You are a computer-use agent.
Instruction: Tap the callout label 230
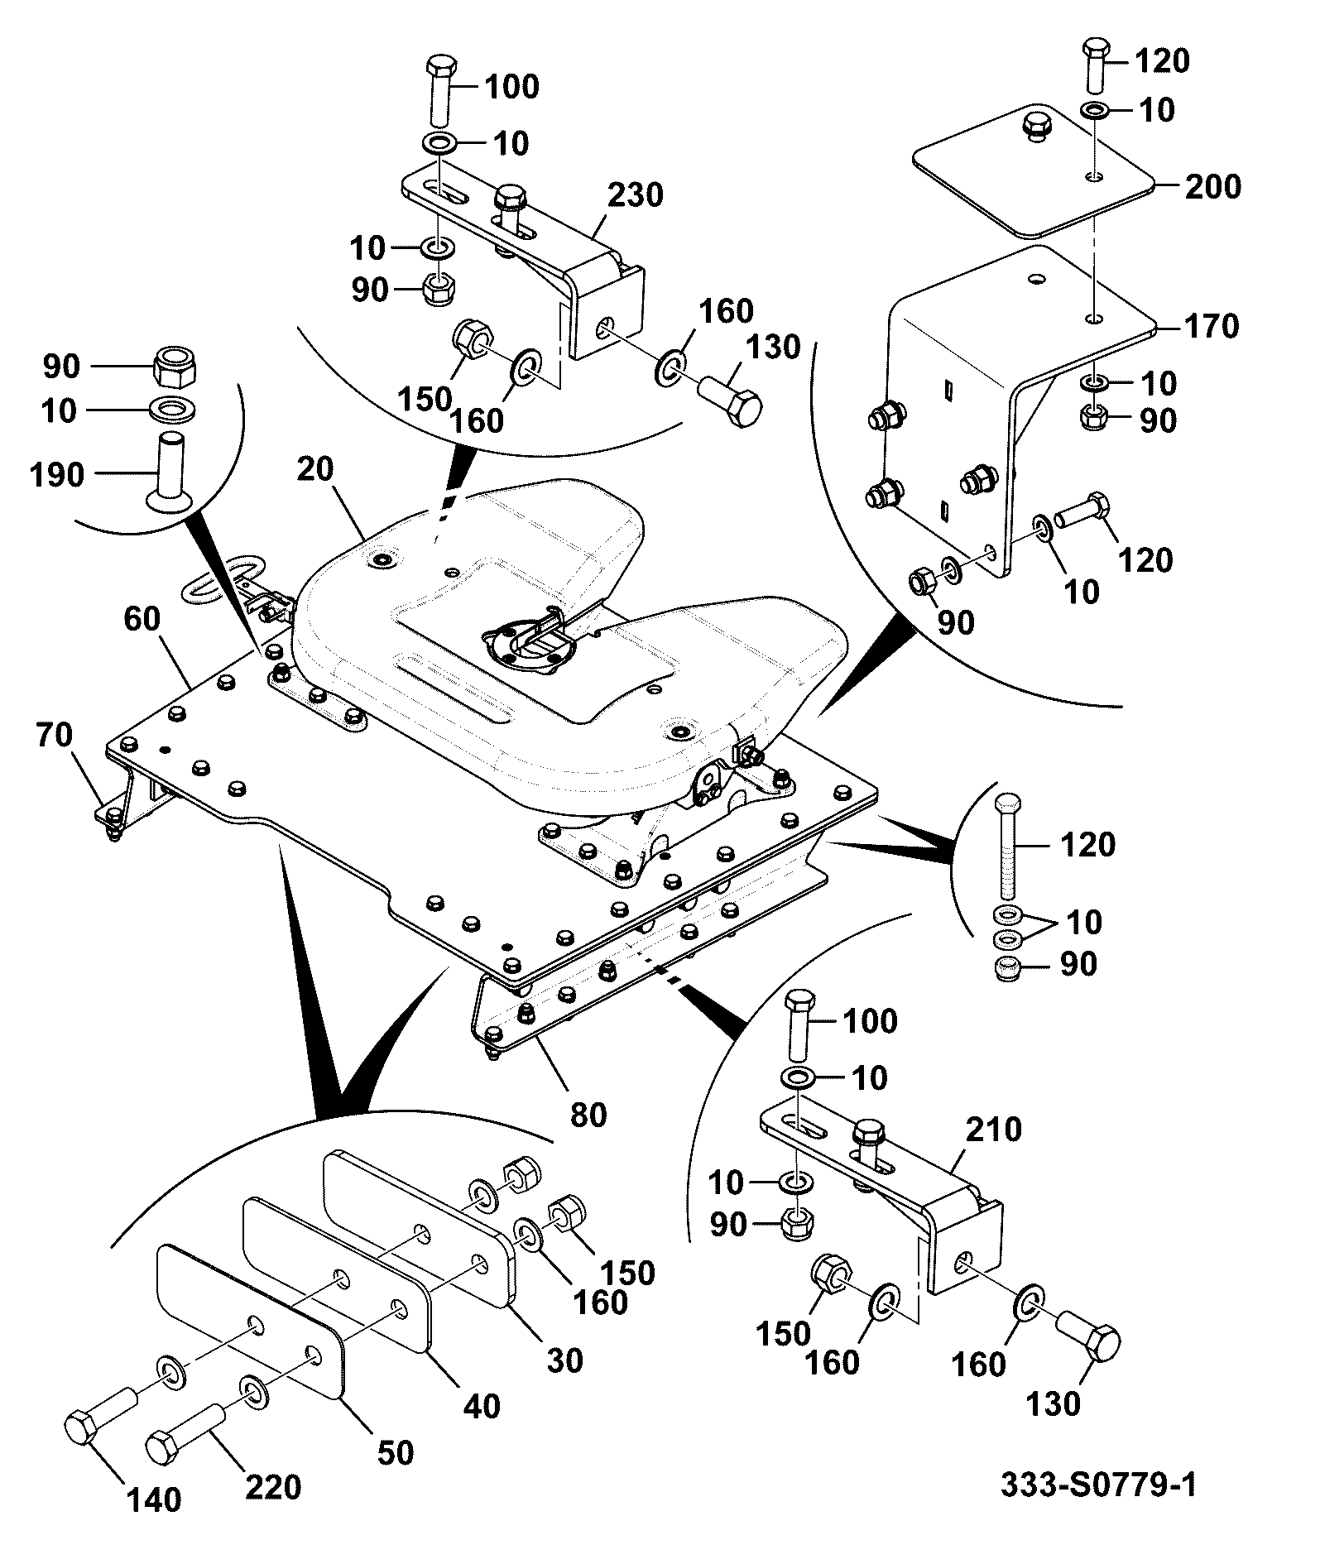[x=636, y=195]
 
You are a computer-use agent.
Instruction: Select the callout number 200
[x=1213, y=187]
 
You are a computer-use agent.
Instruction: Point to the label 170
[x=1212, y=326]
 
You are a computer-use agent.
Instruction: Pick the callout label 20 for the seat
[x=315, y=469]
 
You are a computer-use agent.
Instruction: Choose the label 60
[x=142, y=618]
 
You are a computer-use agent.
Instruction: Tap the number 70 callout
[x=55, y=735]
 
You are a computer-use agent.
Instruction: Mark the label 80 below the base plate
[x=589, y=1115]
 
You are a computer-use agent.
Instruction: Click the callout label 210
[x=995, y=1130]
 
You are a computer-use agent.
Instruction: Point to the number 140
[x=155, y=1523]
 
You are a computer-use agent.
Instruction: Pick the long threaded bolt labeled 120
[x=1009, y=845]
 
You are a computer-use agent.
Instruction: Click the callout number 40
[x=482, y=1406]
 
